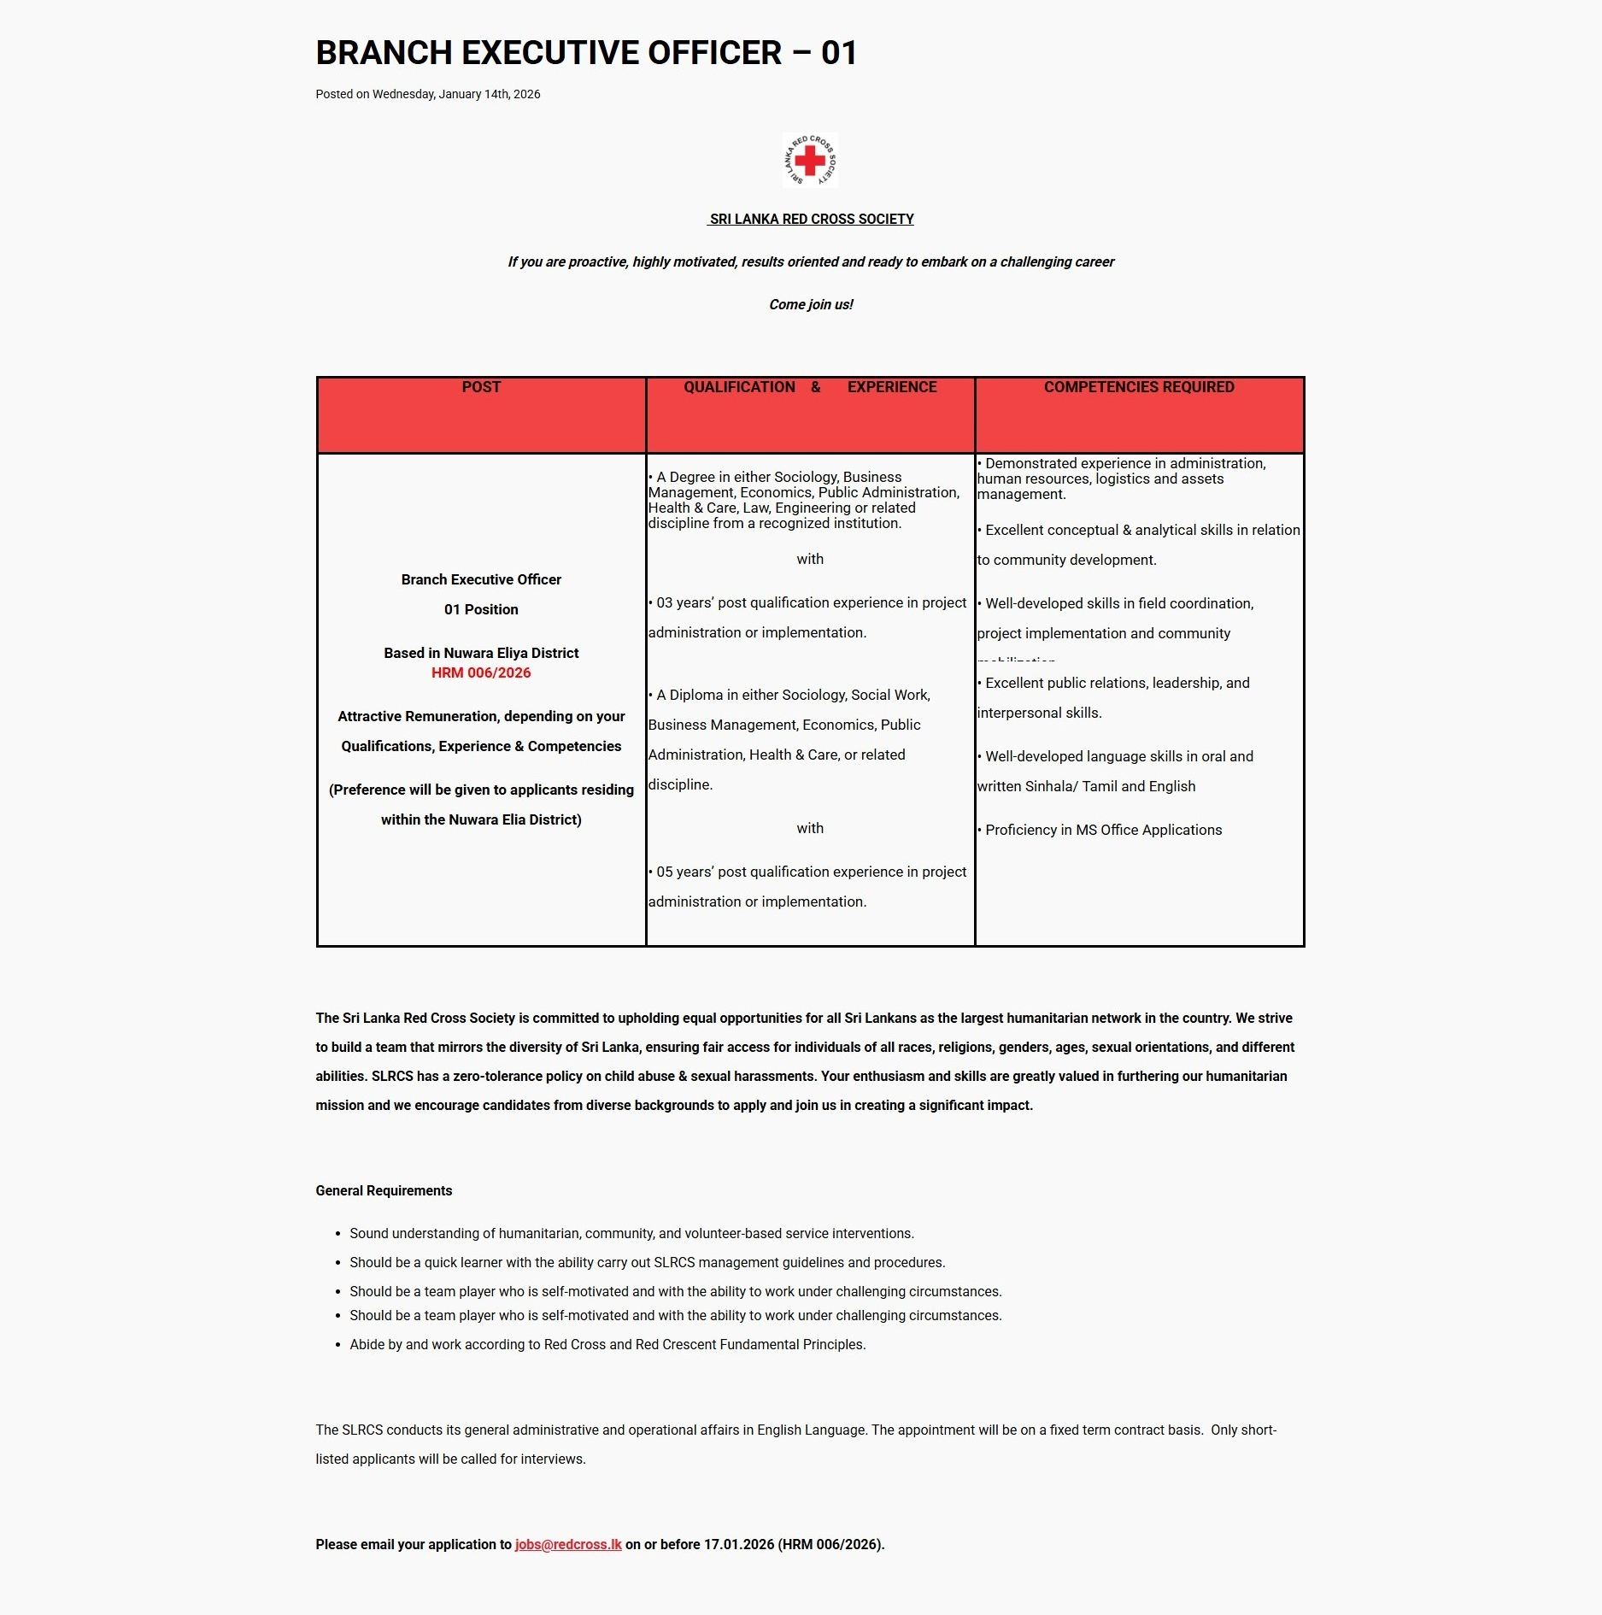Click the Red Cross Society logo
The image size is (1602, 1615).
[810, 160]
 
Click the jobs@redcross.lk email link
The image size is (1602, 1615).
[568, 1544]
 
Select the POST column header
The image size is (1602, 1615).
[481, 387]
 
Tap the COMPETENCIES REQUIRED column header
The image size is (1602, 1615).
[1138, 387]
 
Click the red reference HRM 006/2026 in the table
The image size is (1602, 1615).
[481, 672]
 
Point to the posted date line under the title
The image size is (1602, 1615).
[427, 94]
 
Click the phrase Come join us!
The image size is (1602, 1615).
[810, 304]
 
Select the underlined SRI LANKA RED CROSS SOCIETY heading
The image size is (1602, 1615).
[811, 219]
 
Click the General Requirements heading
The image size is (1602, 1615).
[384, 1190]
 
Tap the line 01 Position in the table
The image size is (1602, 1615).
[481, 609]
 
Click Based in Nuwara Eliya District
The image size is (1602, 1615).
[481, 653]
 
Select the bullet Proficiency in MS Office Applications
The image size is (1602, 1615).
[1103, 830]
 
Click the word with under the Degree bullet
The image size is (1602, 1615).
[810, 559]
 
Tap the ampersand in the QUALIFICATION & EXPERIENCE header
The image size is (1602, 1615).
[815, 387]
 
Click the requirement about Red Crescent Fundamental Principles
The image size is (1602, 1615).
[607, 1344]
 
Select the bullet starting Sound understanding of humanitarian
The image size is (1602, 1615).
[631, 1233]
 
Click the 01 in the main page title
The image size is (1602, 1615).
[838, 53]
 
